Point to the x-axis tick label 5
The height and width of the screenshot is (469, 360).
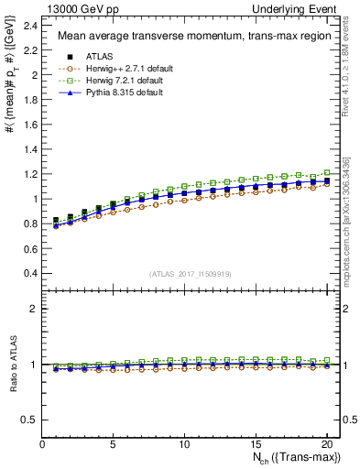pyautogui.click(x=114, y=444)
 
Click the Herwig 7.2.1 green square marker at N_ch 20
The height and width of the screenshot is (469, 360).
pyautogui.click(x=326, y=172)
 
